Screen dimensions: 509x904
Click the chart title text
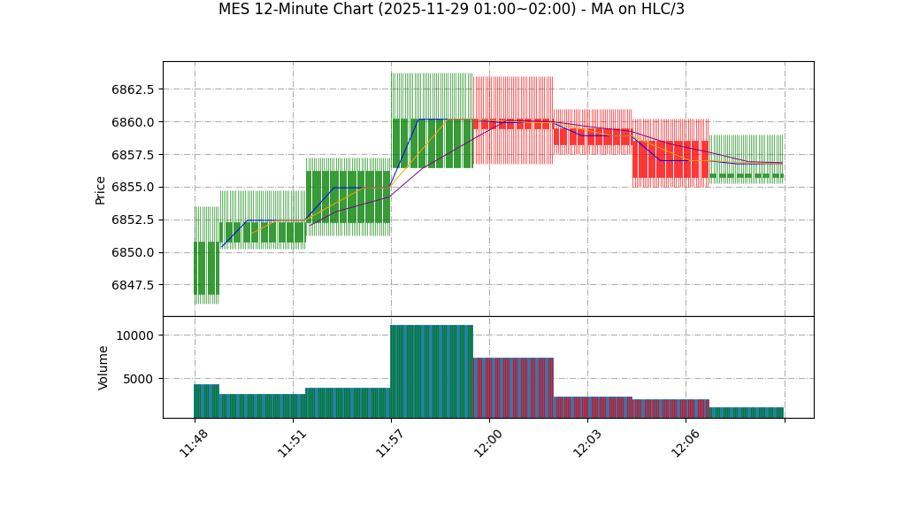pyautogui.click(x=451, y=10)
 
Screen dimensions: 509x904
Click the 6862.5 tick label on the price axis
pyautogui.click(x=133, y=89)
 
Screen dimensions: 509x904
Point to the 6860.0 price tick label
pyautogui.click(x=133, y=122)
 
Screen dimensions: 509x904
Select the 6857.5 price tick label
pyautogui.click(x=133, y=155)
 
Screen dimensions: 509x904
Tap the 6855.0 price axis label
pyautogui.click(x=133, y=188)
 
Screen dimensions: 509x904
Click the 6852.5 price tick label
pyautogui.click(x=133, y=220)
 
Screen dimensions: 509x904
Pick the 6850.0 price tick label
pyautogui.click(x=133, y=253)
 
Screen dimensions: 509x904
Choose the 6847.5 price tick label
pyautogui.click(x=133, y=285)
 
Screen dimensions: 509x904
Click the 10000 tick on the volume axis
pyautogui.click(x=134, y=335)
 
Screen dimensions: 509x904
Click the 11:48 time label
pyautogui.click(x=194, y=443)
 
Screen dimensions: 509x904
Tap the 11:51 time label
pyautogui.click(x=292, y=443)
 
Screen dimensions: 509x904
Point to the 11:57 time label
pyautogui.click(x=390, y=443)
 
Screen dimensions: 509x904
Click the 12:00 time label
pyautogui.click(x=489, y=443)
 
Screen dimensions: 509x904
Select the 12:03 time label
pyautogui.click(x=587, y=443)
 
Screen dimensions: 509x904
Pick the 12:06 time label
pyautogui.click(x=686, y=443)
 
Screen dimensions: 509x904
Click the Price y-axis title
pyautogui.click(x=101, y=189)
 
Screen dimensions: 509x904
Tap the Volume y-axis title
pyautogui.click(x=103, y=367)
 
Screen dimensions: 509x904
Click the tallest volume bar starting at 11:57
pyautogui.click(x=432, y=371)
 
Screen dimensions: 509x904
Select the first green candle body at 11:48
pyautogui.click(x=206, y=268)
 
